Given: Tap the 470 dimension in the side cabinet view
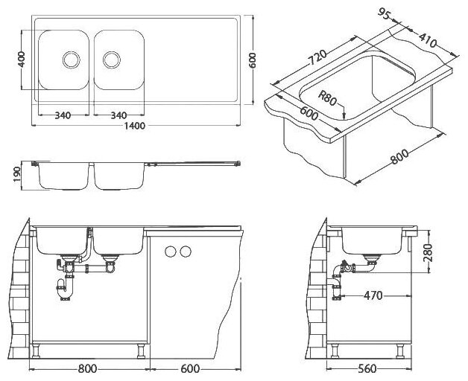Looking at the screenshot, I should point(373,295).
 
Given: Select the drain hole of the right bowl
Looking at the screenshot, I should point(111,57).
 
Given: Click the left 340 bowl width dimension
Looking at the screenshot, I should point(63,115).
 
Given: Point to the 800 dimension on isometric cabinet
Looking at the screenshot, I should point(399,159).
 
